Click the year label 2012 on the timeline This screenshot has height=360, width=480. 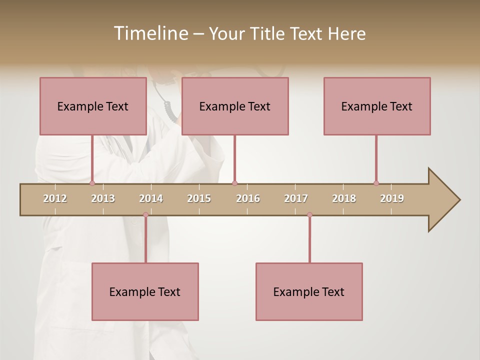55,198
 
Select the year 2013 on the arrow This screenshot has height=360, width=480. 103,198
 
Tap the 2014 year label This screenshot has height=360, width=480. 151,198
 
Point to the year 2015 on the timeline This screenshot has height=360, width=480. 199,198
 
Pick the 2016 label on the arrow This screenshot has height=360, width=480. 248,198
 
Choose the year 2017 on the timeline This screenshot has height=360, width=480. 296,198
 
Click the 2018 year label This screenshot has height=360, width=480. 344,198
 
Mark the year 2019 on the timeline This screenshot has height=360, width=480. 392,198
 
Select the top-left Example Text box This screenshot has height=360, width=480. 93,106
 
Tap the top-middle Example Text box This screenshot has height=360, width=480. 235,106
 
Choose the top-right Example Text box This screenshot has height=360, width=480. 377,106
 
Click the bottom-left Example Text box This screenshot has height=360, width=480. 145,291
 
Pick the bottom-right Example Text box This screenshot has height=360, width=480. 309,291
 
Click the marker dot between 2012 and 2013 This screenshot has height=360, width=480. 92,183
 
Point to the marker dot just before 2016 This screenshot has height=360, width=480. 234,183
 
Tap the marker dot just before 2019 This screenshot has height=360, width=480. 376,183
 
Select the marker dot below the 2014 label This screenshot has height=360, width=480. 145,215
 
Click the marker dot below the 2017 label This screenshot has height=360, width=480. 309,215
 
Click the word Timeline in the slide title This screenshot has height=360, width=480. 149,33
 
